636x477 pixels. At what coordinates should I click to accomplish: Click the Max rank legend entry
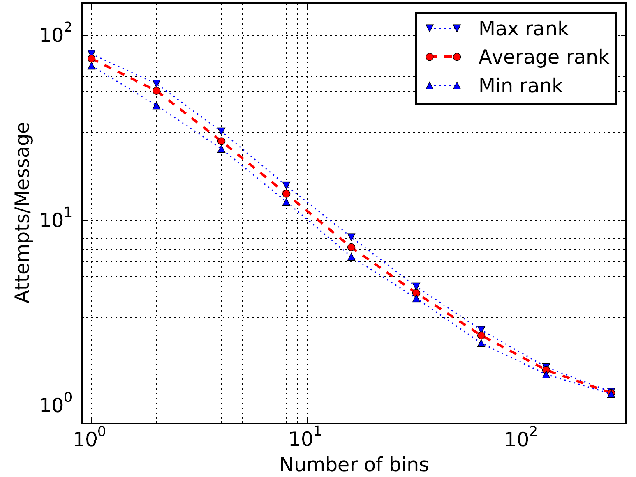(x=523, y=29)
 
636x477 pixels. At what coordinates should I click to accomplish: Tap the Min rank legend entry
(x=520, y=85)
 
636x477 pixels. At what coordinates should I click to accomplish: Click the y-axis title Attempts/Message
(x=23, y=213)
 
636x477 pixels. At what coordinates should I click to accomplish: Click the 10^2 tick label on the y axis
(x=55, y=35)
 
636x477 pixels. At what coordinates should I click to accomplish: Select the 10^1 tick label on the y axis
(x=55, y=220)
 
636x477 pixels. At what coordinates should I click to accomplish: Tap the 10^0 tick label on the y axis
(x=55, y=406)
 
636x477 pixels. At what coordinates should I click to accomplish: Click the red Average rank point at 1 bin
(x=91, y=58)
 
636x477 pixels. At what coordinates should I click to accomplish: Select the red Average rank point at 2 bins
(x=156, y=91)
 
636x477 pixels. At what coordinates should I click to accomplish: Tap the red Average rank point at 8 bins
(x=286, y=194)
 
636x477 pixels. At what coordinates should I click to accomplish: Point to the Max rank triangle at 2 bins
(x=156, y=83)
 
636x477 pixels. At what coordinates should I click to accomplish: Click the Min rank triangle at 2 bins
(x=156, y=105)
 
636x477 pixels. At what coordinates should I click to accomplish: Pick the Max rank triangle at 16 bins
(x=351, y=237)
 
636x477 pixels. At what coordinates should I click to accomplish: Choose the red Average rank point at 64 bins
(x=481, y=335)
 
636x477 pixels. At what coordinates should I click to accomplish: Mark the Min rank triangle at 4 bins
(x=221, y=149)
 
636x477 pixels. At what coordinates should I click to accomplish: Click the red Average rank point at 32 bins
(x=416, y=293)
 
